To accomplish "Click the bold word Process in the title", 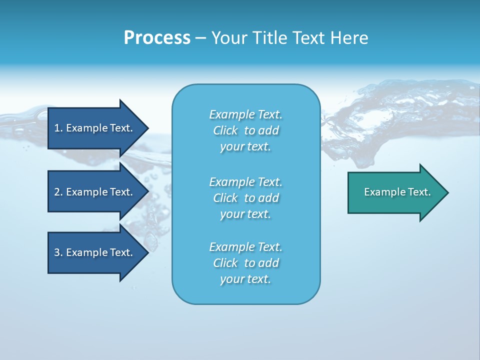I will (x=157, y=38).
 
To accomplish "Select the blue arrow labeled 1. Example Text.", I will (x=95, y=128).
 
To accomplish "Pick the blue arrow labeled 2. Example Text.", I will (x=95, y=192).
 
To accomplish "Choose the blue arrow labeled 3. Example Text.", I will (x=95, y=252).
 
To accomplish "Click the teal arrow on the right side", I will (x=395, y=192).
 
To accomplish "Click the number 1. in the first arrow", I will (x=58, y=128).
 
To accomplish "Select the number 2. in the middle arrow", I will (x=58, y=192).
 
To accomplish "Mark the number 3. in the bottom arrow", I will (x=58, y=252).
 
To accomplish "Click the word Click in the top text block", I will (x=225, y=130).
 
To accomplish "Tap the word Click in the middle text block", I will (x=225, y=198).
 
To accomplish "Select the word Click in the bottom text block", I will (x=225, y=263).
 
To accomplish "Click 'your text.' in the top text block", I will (x=245, y=147).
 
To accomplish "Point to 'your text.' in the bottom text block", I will (x=245, y=279).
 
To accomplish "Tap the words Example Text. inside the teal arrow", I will (x=397, y=192).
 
